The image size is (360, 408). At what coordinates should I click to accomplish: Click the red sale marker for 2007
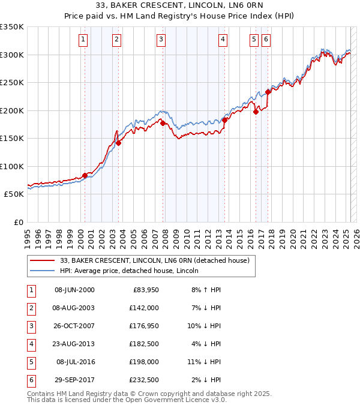click(163, 124)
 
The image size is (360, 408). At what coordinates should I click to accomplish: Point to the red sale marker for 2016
click(256, 112)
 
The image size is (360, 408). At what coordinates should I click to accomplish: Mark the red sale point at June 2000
click(85, 175)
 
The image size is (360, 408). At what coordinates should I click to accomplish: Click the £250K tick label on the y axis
click(11, 83)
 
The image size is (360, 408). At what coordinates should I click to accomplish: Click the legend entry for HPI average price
click(128, 271)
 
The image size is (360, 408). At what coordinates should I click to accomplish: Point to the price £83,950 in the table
click(146, 290)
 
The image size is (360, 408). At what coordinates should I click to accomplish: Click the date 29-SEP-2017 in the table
click(74, 380)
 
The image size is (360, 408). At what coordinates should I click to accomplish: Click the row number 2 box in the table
click(30, 308)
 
